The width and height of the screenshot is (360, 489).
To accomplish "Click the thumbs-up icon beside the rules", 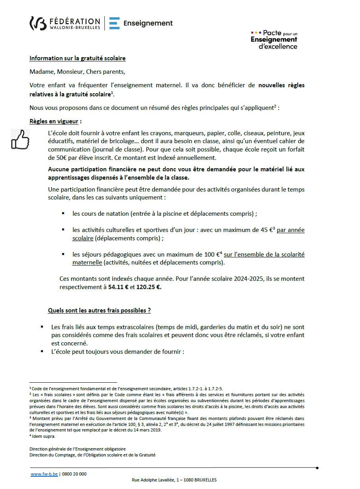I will point(20,139).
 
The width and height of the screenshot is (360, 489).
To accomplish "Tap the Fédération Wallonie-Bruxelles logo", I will point(65,23).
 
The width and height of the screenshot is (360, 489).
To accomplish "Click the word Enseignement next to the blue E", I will point(148,23).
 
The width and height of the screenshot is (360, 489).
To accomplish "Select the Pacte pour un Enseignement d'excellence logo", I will point(274,40).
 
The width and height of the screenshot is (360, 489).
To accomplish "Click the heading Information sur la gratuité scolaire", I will point(77,58).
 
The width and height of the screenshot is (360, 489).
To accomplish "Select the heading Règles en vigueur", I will point(54,121).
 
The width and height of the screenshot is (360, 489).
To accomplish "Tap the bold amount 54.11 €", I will point(118,287).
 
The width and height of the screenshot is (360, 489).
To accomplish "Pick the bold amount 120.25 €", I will point(149,287).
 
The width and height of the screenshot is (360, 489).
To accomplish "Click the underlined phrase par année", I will point(291,230).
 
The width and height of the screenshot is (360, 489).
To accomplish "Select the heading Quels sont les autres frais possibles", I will point(99,311).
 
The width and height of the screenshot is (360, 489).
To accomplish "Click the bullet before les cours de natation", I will point(63,213).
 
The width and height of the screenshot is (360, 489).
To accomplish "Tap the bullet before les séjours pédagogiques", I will point(63,254).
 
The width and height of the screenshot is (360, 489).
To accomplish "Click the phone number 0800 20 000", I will point(74,474).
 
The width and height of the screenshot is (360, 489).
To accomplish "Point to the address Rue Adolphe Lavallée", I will point(174,480).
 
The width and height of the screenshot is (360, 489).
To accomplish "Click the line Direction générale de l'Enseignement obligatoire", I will point(77,449).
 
